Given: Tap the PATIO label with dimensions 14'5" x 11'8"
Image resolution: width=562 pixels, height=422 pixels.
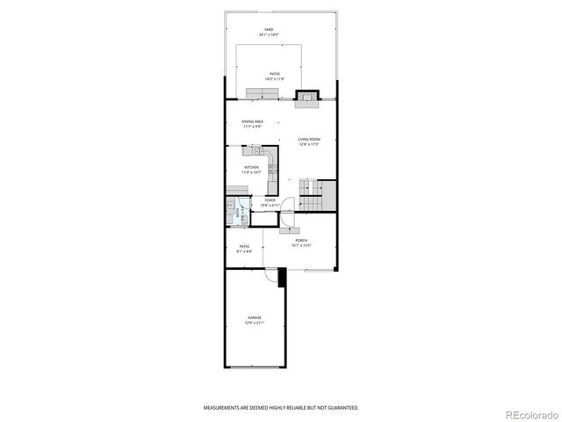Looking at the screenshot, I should (274, 76).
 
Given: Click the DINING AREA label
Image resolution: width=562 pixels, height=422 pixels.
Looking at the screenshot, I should (253, 123).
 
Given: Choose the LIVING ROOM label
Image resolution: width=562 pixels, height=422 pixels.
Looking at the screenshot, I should (307, 142).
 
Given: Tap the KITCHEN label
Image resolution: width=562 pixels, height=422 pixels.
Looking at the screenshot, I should (252, 168).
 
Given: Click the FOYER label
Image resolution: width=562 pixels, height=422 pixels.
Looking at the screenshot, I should (270, 201).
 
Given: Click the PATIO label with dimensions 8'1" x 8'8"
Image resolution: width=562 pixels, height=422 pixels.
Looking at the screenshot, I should (244, 249).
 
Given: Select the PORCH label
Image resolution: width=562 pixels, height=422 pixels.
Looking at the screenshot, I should (301, 242).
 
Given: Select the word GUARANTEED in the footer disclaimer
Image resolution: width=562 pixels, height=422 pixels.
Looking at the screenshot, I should (341, 408).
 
